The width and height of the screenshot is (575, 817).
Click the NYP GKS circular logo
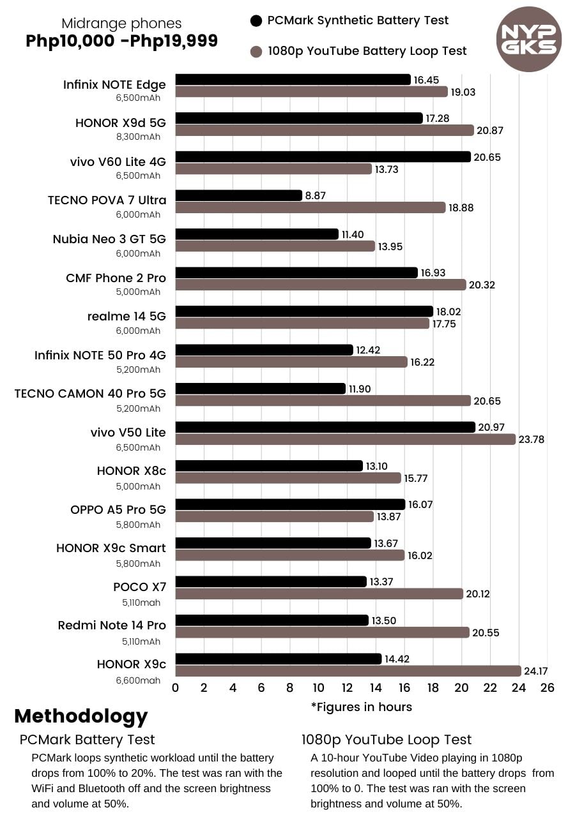528,38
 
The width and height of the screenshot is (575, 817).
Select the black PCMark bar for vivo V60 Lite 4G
323,157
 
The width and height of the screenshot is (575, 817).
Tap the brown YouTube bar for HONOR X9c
348,671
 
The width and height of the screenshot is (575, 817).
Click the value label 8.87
316,196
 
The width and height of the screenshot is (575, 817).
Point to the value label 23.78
532,439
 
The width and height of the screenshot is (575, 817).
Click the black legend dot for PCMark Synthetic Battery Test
256,20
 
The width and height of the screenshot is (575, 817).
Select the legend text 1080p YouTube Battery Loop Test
367,51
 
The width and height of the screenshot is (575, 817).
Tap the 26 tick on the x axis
547,688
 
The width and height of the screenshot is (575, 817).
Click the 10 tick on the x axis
318,688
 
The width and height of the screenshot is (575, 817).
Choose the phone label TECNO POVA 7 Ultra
107,200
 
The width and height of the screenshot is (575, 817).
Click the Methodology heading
80,716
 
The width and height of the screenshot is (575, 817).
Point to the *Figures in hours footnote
361,707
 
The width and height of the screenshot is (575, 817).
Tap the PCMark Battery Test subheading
87,740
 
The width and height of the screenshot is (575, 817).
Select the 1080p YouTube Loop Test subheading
387,740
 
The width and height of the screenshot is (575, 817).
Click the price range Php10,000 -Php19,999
121,41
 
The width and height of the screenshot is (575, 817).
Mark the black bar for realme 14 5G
304,311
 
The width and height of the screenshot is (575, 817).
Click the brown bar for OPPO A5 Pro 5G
275,516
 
